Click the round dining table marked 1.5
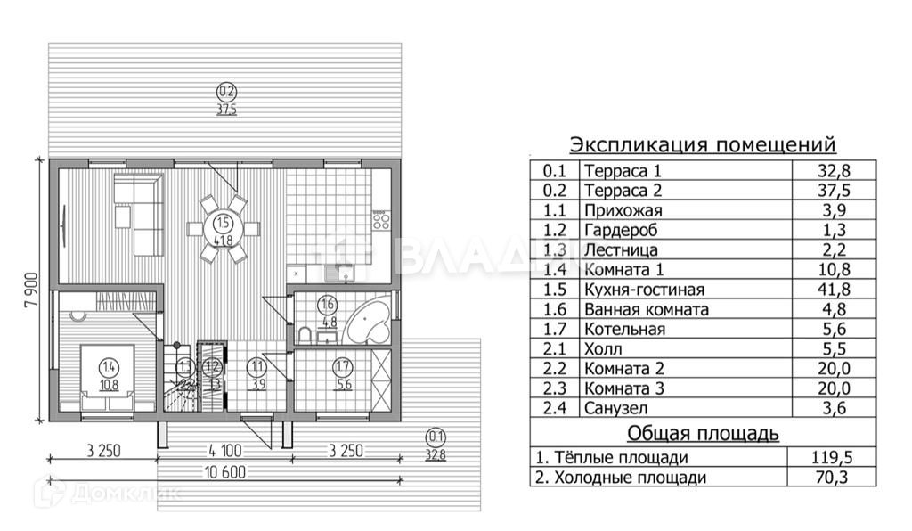pyautogui.click(x=223, y=229)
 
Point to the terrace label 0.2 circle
pyautogui.click(x=227, y=90)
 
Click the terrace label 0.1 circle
pyautogui.click(x=436, y=437)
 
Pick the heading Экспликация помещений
pyautogui.click(x=703, y=144)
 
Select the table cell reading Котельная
pyautogui.click(x=625, y=329)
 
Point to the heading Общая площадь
pyautogui.click(x=704, y=434)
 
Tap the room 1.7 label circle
pyautogui.click(x=342, y=366)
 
